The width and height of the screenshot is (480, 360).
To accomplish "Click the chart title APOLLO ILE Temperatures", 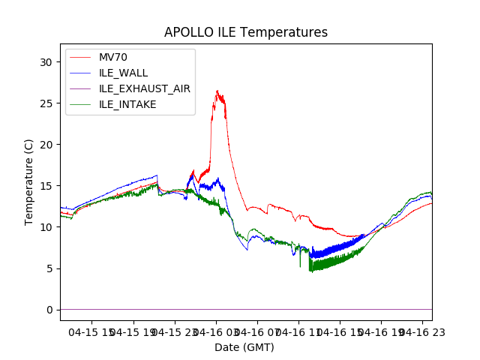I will pyautogui.click(x=246, y=33).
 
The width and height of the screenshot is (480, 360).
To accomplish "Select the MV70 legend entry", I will pyautogui.click(x=115, y=57).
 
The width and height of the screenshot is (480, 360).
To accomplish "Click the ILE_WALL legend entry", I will pyautogui.click(x=124, y=73).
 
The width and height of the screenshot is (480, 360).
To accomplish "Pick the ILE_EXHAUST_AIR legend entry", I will pyautogui.click(x=145, y=88).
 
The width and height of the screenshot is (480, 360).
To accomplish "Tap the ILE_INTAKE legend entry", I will pyautogui.click(x=127, y=104).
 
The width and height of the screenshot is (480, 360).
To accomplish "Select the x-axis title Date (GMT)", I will pyautogui.click(x=244, y=347).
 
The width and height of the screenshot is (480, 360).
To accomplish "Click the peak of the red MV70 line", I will pyautogui.click(x=217, y=91).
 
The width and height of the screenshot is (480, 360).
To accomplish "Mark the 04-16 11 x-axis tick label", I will pyautogui.click(x=298, y=331).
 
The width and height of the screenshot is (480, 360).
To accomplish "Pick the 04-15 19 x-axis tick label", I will pyautogui.click(x=135, y=331).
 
